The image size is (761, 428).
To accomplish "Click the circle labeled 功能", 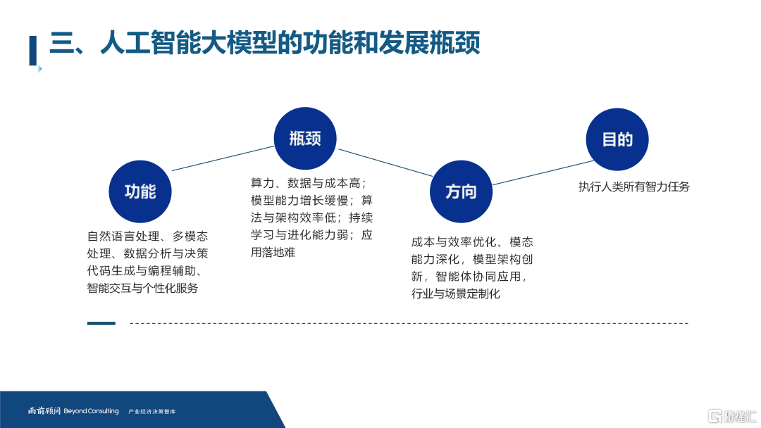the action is click(x=140, y=191).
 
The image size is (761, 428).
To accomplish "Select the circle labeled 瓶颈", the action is click(x=305, y=139).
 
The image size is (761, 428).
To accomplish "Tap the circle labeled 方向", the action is click(x=461, y=191).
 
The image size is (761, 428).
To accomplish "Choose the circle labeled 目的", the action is click(x=617, y=139).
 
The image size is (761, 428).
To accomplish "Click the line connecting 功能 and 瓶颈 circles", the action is click(x=223, y=158).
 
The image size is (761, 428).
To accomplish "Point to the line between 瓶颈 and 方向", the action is click(x=385, y=163).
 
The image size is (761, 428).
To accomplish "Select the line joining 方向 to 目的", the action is click(x=543, y=172).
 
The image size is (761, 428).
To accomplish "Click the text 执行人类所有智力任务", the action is click(x=634, y=187).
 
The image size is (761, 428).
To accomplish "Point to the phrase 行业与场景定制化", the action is click(x=456, y=294).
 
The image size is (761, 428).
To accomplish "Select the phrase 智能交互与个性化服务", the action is click(x=142, y=288).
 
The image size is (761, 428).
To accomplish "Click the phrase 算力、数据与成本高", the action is click(x=305, y=183).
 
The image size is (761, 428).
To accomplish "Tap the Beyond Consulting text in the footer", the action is click(x=91, y=411).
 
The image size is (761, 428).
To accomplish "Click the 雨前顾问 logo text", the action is click(x=44, y=411).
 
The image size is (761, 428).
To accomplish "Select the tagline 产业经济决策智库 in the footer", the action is click(x=152, y=412).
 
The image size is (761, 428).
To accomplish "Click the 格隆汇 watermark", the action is click(x=732, y=416).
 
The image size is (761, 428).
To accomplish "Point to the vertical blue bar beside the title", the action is click(x=33, y=51).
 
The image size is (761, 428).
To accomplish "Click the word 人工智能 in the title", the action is click(x=150, y=43).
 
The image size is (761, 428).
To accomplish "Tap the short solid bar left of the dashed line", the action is click(x=101, y=323).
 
